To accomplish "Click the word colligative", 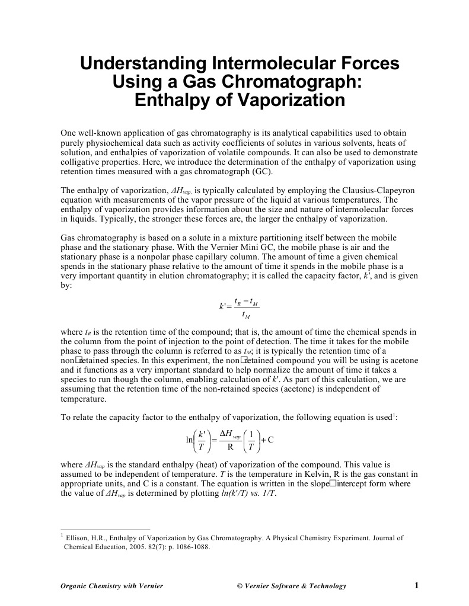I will (81, 162).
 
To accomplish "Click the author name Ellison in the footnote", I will (79, 538).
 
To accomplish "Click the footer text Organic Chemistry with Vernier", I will (111, 586).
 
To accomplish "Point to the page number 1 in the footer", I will (416, 585).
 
